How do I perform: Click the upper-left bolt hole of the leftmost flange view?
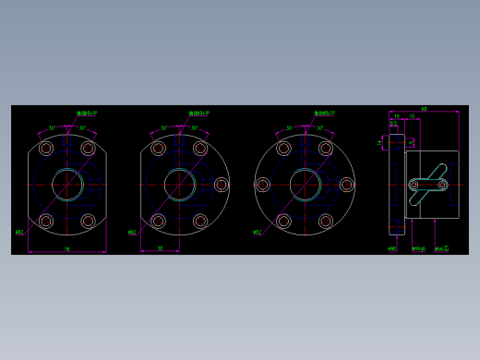(46, 149)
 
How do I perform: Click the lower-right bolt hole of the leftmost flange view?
(88, 221)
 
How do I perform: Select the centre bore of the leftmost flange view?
(66, 185)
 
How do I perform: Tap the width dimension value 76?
(66, 248)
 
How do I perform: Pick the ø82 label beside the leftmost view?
(19, 232)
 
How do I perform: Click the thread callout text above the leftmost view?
(87, 114)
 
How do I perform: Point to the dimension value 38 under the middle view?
(160, 247)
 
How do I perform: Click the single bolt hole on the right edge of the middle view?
(221, 185)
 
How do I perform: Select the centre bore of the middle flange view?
(179, 185)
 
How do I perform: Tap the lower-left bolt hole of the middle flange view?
(158, 221)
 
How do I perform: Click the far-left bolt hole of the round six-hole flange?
(262, 185)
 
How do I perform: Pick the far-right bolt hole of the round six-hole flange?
(346, 185)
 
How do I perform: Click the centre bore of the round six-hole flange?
(305, 185)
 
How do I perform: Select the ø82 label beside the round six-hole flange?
(257, 232)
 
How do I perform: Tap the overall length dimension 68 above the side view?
(424, 109)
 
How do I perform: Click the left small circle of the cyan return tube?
(414, 185)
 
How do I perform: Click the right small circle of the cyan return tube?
(442, 185)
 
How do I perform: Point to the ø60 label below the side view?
(392, 248)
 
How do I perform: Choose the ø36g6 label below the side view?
(418, 248)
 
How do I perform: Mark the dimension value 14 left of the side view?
(379, 142)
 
